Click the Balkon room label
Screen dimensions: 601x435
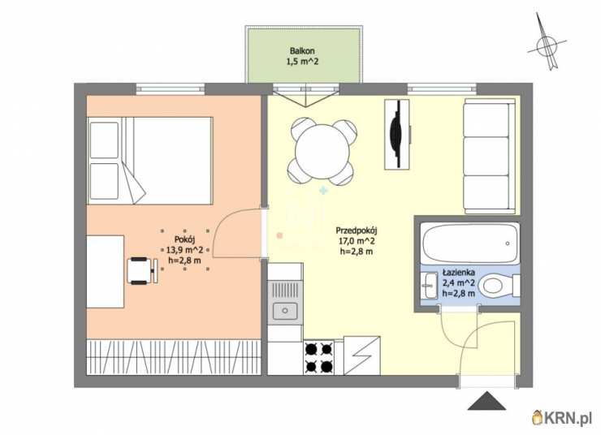coord(302,51)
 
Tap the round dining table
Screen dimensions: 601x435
coord(322,152)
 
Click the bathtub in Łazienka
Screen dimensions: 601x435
coord(470,243)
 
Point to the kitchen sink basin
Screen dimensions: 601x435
coord(285,311)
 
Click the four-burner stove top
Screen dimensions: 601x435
coord(319,358)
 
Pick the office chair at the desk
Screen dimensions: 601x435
coord(143,271)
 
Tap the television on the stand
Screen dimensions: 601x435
coord(396,134)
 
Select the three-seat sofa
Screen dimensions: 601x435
coord(489,157)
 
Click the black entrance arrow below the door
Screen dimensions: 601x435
coord(486,401)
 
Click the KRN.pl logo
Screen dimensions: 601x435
coord(562,417)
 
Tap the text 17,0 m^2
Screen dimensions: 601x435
coord(356,241)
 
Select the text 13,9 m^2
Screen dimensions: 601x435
coord(184,250)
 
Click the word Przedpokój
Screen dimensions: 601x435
coord(357,230)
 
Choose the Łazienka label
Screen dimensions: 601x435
coord(459,272)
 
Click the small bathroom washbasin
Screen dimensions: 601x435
coord(430,286)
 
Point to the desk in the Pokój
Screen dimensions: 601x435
coord(105,272)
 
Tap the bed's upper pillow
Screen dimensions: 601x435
coord(104,140)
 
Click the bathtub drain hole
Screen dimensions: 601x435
coord(508,243)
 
